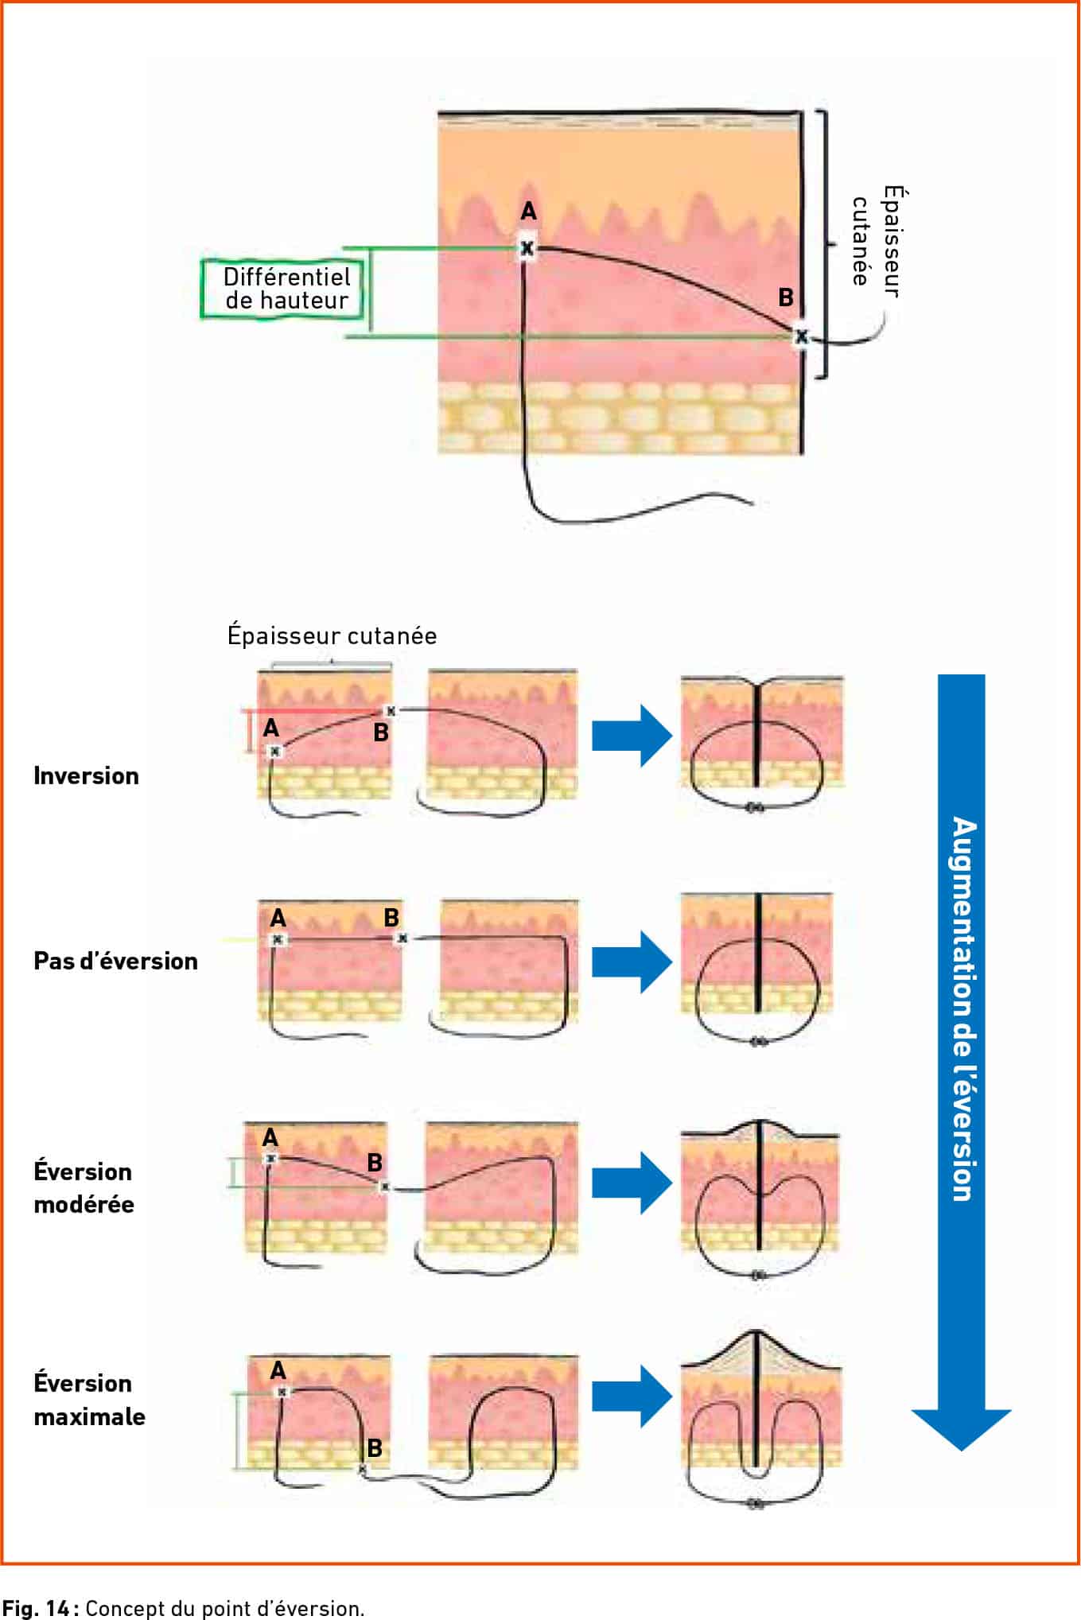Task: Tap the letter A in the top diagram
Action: coord(528,211)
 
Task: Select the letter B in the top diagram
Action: coord(786,297)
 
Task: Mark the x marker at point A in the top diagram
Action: coord(527,249)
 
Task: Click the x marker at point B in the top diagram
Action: coord(801,336)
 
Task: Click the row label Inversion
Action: coord(86,775)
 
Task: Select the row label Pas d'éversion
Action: coord(115,961)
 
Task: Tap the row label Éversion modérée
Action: coord(84,1187)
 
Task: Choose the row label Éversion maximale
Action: coord(89,1400)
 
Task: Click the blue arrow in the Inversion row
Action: coord(632,734)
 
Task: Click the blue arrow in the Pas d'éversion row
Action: coord(632,962)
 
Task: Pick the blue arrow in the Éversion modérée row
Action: coord(632,1183)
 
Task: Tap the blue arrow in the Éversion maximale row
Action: coord(632,1397)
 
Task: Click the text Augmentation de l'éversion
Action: coord(962,1008)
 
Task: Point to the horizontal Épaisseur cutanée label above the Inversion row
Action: coord(332,635)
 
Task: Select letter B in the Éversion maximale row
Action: coord(375,1448)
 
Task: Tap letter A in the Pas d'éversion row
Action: coord(278,919)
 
